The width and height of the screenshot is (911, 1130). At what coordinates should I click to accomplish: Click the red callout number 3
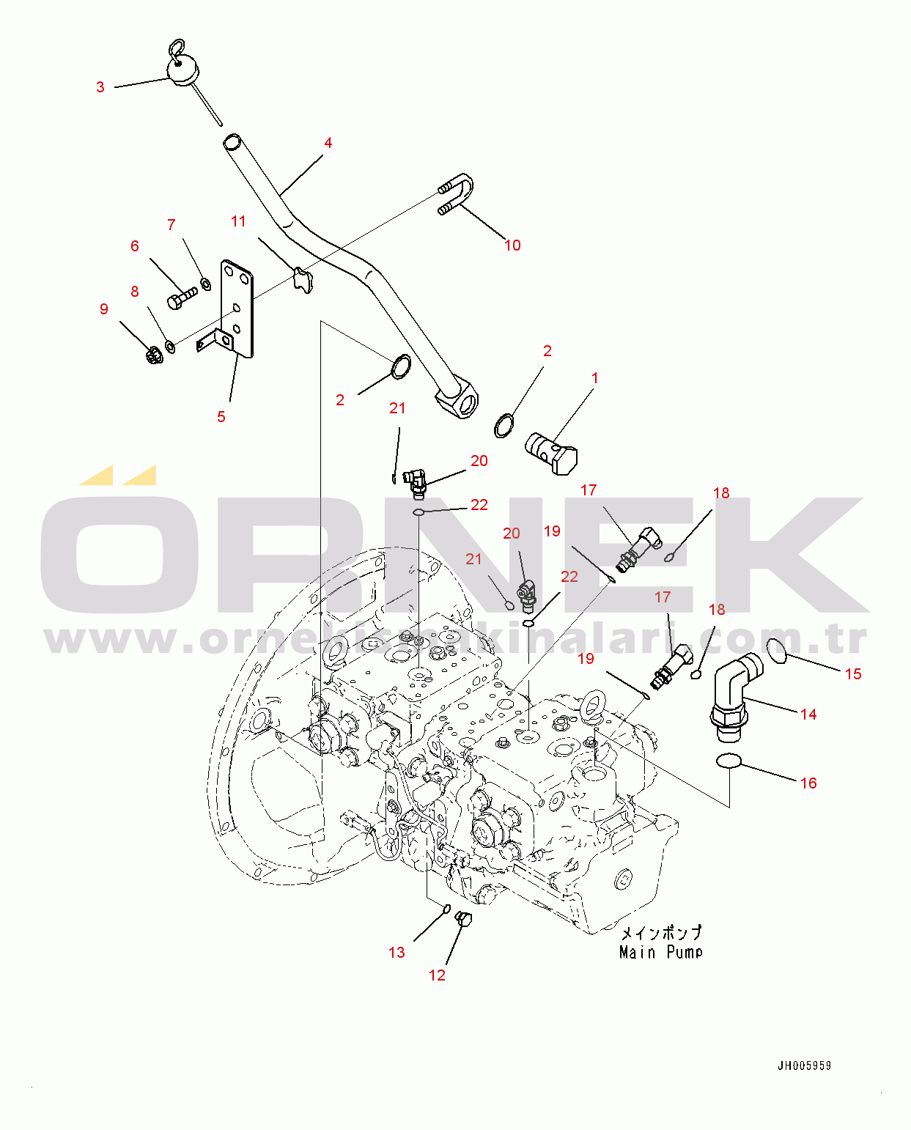[100, 87]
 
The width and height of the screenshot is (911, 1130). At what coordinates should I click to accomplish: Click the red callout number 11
[238, 221]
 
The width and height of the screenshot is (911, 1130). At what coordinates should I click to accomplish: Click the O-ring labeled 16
[728, 761]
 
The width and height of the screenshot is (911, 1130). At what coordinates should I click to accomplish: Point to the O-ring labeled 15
[777, 651]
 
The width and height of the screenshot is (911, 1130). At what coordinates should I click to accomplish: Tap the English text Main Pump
[660, 952]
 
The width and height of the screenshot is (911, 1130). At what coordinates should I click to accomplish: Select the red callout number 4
[328, 143]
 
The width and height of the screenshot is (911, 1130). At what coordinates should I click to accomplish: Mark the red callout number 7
[171, 225]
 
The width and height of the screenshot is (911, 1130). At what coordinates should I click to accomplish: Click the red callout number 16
[808, 783]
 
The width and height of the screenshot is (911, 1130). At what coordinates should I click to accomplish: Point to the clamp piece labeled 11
[303, 281]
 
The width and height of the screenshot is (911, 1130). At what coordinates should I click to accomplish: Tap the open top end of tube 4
[232, 141]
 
